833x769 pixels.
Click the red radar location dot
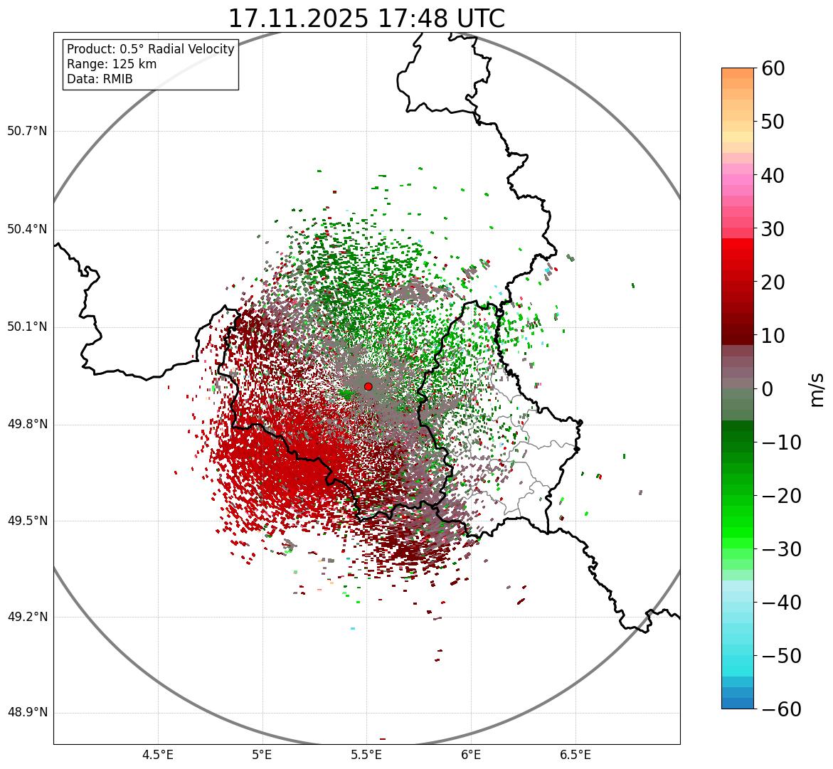pos(368,386)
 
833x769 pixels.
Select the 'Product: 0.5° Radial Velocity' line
pos(150,49)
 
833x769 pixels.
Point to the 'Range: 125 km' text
pos(112,64)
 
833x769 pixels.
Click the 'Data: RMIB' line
pos(100,79)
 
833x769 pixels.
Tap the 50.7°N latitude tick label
pos(27,132)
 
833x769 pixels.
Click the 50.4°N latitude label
pos(27,229)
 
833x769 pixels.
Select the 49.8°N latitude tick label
pos(27,425)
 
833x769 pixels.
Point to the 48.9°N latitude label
pos(27,713)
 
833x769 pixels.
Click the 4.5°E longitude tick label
pos(158,755)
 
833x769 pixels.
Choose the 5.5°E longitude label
pos(366,755)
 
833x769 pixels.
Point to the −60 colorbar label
pos(781,710)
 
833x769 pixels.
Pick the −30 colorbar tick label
pos(781,549)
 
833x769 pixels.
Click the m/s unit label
pos(817,389)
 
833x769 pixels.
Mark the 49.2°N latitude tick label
pos(27,617)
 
